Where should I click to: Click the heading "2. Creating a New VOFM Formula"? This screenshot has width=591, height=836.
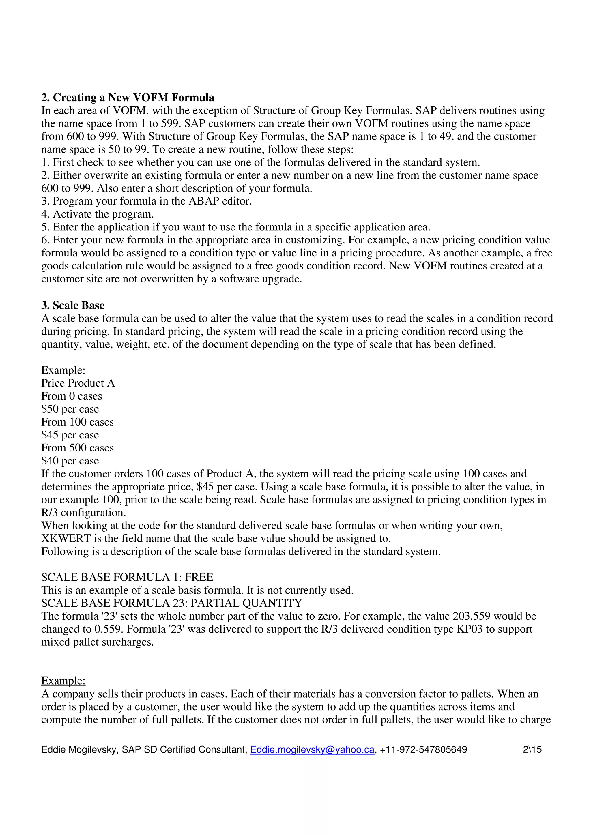pyautogui.click(x=128, y=98)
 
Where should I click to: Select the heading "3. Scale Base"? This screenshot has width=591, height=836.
pyautogui.click(x=73, y=305)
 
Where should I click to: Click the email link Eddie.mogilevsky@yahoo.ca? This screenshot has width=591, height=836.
pyautogui.click(x=312, y=749)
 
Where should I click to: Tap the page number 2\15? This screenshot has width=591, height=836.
pyautogui.click(x=532, y=749)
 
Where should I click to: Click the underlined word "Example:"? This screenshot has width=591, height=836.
pyautogui.click(x=63, y=681)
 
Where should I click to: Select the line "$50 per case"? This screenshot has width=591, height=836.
pyautogui.click(x=70, y=409)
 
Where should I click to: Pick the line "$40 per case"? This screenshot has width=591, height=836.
pyautogui.click(x=70, y=461)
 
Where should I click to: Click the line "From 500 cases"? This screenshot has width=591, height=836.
pyautogui.click(x=77, y=447)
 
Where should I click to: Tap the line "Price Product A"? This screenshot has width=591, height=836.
pyautogui.click(x=78, y=383)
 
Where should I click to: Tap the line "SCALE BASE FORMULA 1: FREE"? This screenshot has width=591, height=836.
pyautogui.click(x=127, y=577)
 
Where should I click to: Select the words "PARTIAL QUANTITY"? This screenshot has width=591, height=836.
pyautogui.click(x=246, y=603)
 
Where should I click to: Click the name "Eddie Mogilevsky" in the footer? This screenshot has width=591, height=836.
pyautogui.click(x=79, y=749)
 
